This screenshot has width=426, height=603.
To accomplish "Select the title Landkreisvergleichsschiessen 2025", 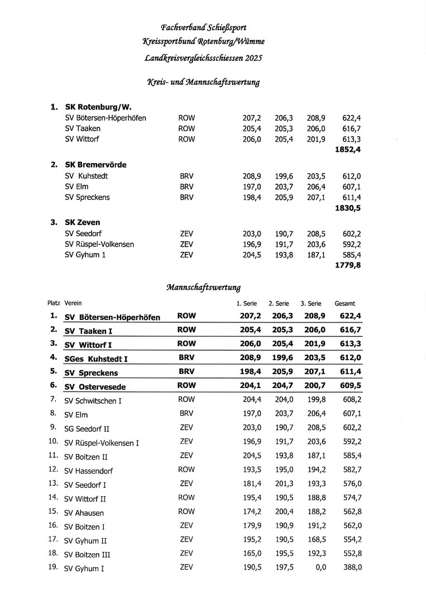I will [203, 58].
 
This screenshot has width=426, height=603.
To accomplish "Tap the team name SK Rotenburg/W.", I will [98, 107].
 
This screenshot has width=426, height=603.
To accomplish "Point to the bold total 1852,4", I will [347, 150].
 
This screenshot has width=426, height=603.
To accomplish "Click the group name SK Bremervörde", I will [95, 165].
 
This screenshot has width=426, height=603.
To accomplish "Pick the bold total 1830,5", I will [347, 208].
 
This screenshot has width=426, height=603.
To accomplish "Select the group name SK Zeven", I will [83, 222].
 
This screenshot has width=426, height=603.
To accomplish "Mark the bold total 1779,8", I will [347, 265].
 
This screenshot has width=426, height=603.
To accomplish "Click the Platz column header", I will [54, 303].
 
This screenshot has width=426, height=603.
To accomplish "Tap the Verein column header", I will [73, 303].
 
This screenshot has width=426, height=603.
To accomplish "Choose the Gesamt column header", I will [344, 304].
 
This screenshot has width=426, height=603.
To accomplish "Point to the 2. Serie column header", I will [279, 304].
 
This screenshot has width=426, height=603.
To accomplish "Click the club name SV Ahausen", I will [84, 513].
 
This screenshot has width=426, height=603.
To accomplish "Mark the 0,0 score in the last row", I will [320, 567].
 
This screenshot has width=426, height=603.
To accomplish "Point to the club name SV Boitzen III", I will [88, 554].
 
